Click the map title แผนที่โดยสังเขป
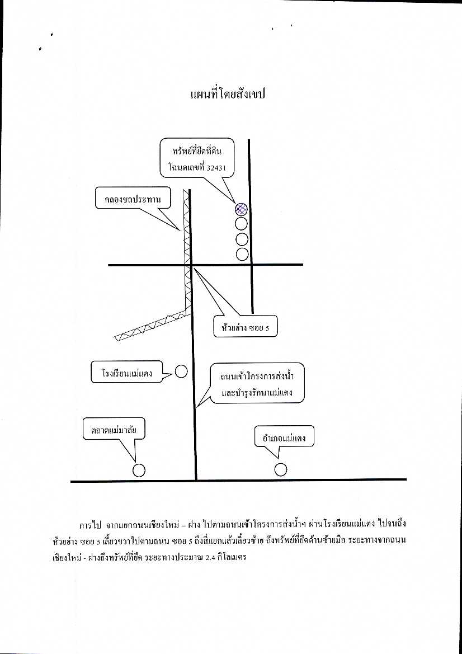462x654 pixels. tap(228, 94)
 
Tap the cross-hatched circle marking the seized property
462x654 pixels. tap(241, 209)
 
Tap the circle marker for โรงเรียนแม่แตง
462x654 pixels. tap(181, 371)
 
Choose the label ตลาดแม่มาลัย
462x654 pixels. tap(114, 429)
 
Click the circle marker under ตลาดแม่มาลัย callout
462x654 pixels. tap(139, 470)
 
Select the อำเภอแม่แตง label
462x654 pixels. tap(284, 438)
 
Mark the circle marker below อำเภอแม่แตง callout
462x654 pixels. tap(281, 469)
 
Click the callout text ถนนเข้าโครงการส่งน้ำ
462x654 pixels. tap(257, 377)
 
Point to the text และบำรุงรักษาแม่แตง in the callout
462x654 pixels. tap(257, 393)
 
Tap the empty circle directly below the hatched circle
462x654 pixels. tap(242, 224)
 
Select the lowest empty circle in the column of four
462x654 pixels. tap(242, 254)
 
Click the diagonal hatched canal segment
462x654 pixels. tap(151, 326)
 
